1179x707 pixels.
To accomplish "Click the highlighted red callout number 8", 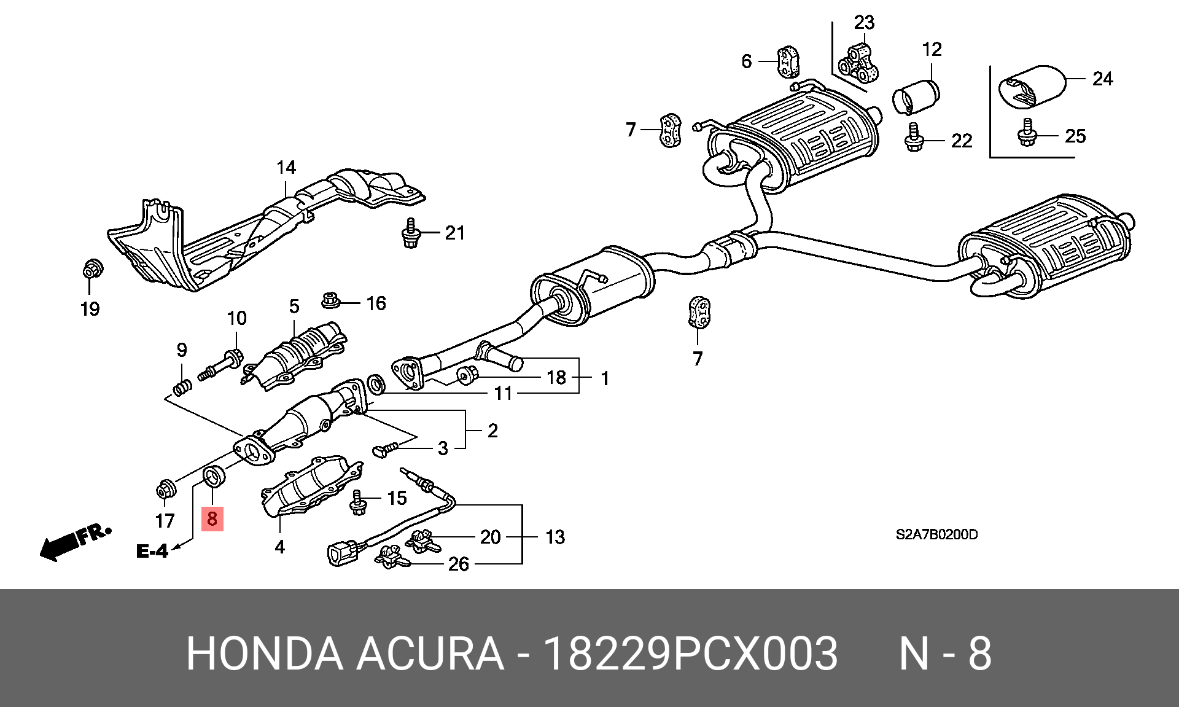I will [212, 518].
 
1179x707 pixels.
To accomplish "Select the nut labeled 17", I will [165, 490].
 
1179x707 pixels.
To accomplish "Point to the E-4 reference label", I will [152, 551].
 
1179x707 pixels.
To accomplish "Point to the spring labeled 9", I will [181, 388].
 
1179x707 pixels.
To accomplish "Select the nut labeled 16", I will [331, 301].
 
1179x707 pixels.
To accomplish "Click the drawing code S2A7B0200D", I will [936, 534].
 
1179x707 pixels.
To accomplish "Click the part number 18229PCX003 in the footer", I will [691, 654].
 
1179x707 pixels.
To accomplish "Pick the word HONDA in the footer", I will [265, 654].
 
